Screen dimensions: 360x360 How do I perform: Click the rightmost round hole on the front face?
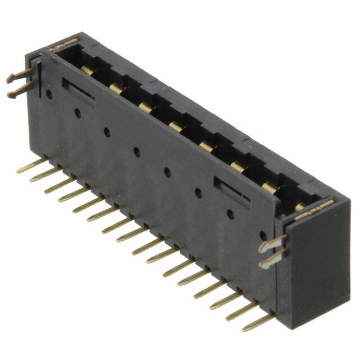pyautogui.click(x=263, y=235)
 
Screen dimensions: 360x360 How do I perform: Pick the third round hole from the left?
pyautogui.click(x=106, y=132)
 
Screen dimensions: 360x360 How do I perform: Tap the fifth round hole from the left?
pyautogui.click(x=167, y=171)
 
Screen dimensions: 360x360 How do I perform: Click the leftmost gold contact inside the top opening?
pyautogui.click(x=87, y=70)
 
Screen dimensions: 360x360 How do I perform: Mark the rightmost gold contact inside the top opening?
pyautogui.click(x=300, y=206)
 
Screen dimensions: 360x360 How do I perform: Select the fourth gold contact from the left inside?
pyautogui.click(x=176, y=127)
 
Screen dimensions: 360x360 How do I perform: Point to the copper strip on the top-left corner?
pyautogui.click(x=63, y=45)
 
